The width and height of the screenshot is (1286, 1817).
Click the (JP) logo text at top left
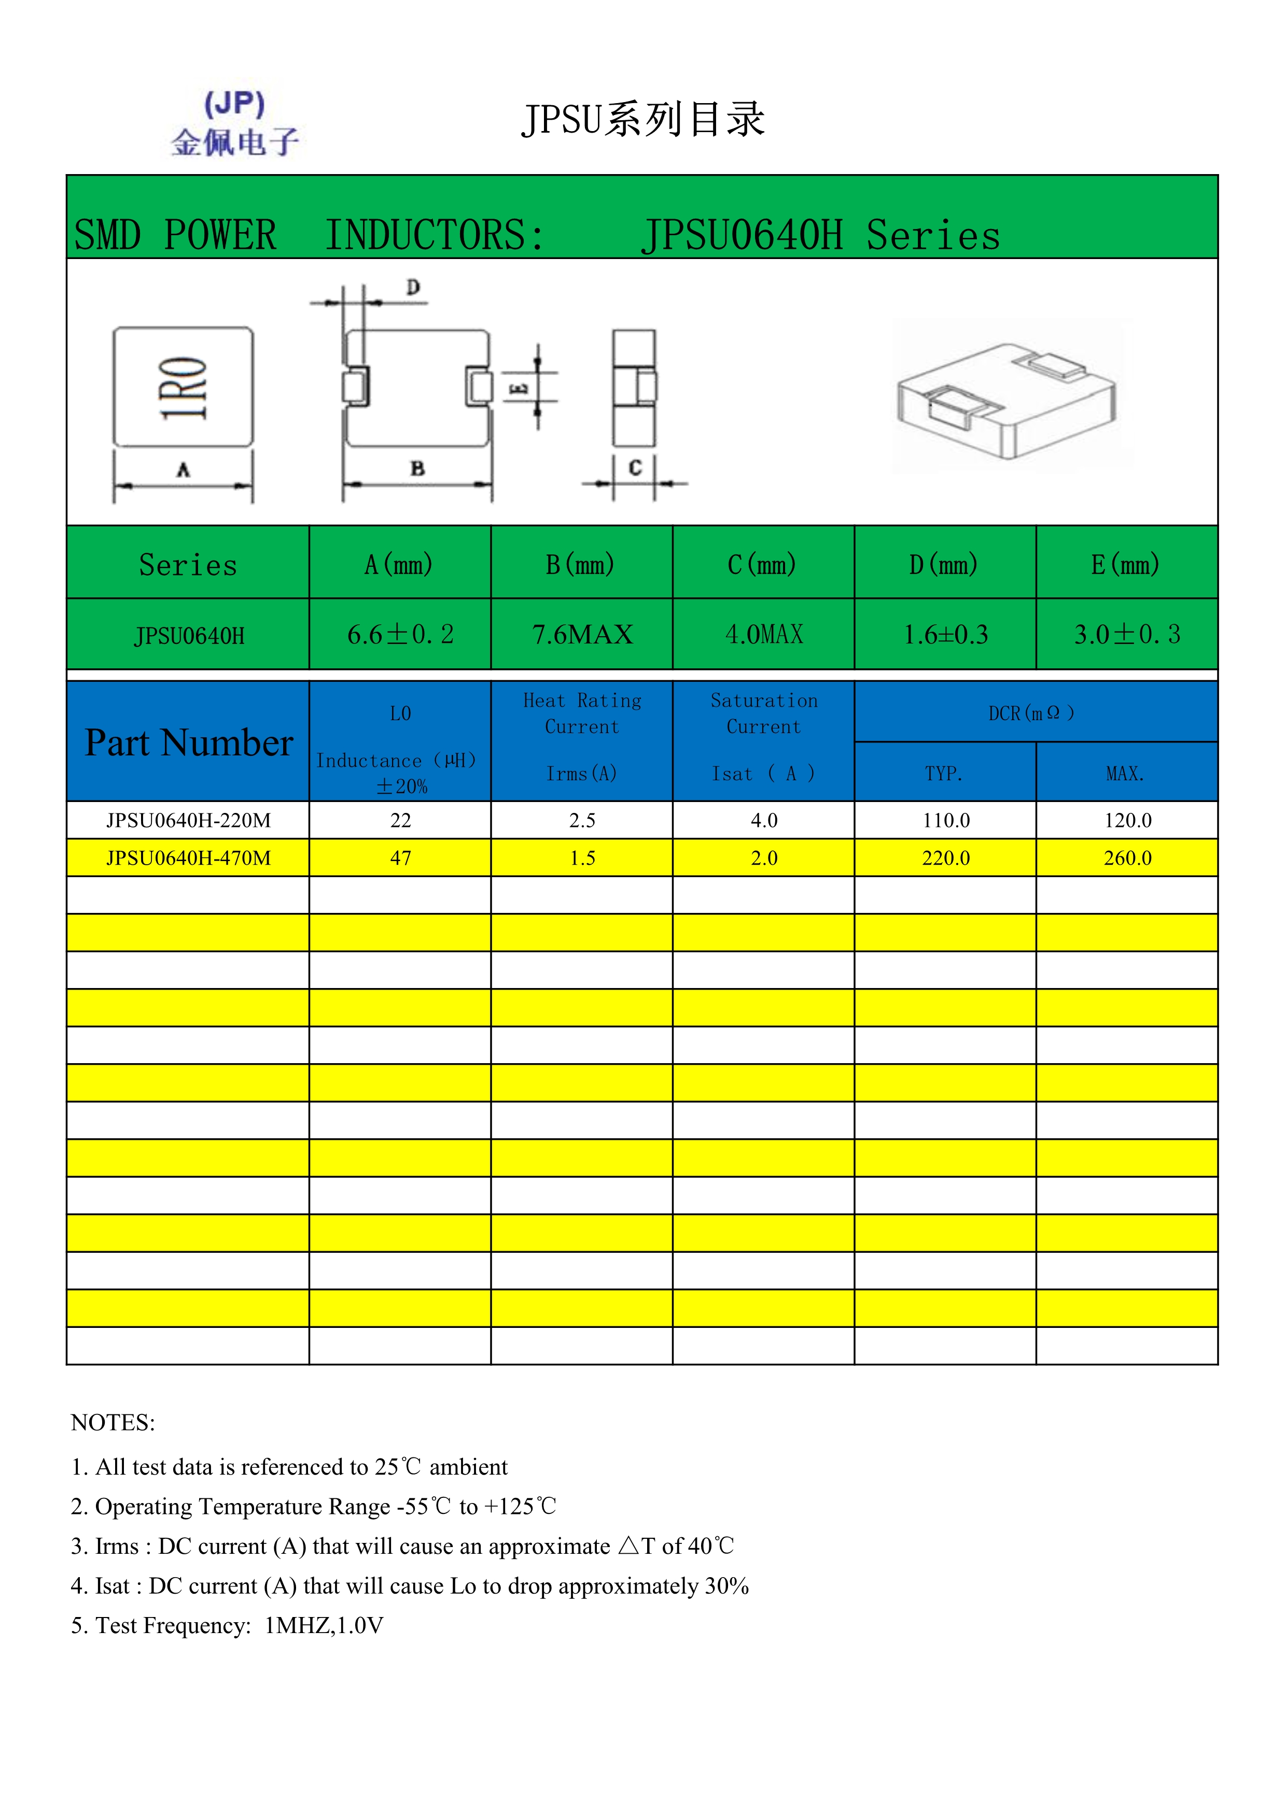pos(234,104)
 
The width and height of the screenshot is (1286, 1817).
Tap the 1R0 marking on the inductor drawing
pos(183,388)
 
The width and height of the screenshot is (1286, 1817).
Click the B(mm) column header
pos(581,564)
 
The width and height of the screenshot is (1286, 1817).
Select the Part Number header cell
pos(188,742)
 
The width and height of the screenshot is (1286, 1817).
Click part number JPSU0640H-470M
pos(188,858)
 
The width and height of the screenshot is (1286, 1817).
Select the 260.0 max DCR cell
pos(1127,858)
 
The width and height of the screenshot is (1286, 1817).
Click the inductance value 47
pos(401,858)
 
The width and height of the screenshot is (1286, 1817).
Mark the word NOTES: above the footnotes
pos(113,1422)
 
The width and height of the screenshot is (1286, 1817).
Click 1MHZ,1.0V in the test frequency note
pos(324,1625)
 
